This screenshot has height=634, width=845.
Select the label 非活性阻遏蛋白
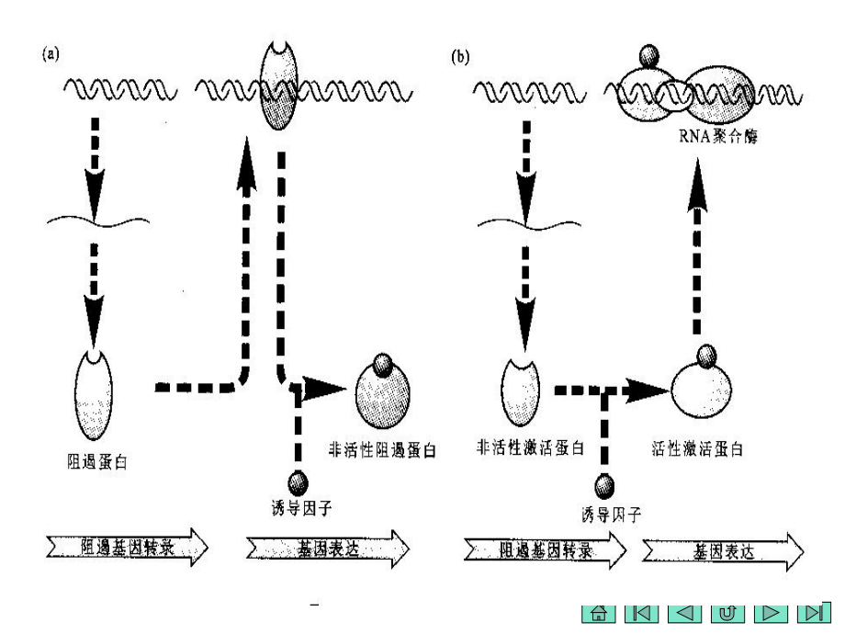tap(382, 450)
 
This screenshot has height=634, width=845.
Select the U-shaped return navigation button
tap(726, 612)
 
